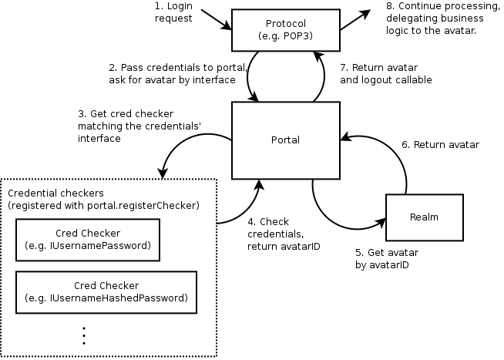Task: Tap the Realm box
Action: pyautogui.click(x=425, y=217)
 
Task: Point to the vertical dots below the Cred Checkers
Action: pyautogui.click(x=83, y=335)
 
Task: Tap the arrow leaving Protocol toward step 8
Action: pyautogui.click(x=355, y=21)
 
